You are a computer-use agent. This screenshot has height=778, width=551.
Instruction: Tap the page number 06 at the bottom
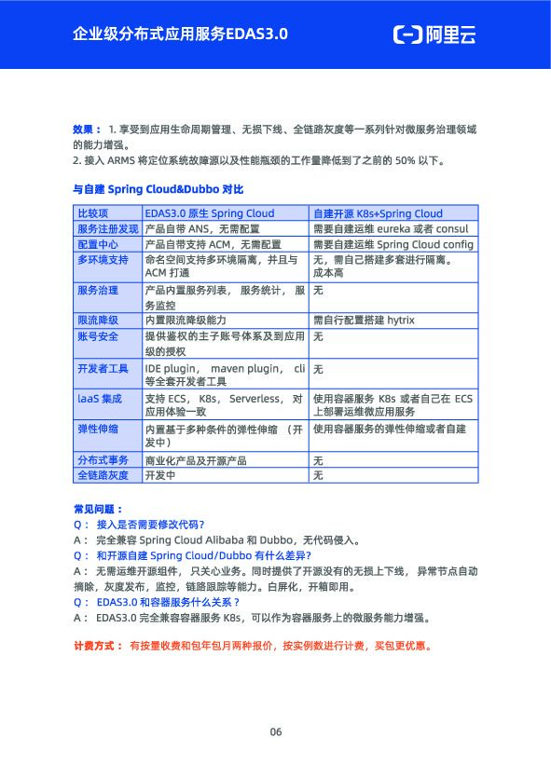tap(275, 731)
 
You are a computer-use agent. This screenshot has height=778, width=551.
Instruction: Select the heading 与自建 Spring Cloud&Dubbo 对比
tap(158, 189)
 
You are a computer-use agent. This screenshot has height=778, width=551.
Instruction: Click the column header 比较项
tap(92, 213)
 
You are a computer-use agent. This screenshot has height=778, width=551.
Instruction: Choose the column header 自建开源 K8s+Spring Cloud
tap(378, 213)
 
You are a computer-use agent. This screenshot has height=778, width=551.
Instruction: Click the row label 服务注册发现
tap(107, 228)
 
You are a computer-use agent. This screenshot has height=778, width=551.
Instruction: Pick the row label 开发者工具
tap(103, 369)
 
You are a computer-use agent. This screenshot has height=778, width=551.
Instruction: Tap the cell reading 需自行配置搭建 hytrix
tap(364, 320)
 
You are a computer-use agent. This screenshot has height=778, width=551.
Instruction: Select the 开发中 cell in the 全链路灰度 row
tap(158, 475)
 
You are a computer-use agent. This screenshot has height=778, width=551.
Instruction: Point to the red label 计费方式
tap(97, 645)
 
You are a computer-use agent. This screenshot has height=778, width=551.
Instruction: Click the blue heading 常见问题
tap(97, 509)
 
